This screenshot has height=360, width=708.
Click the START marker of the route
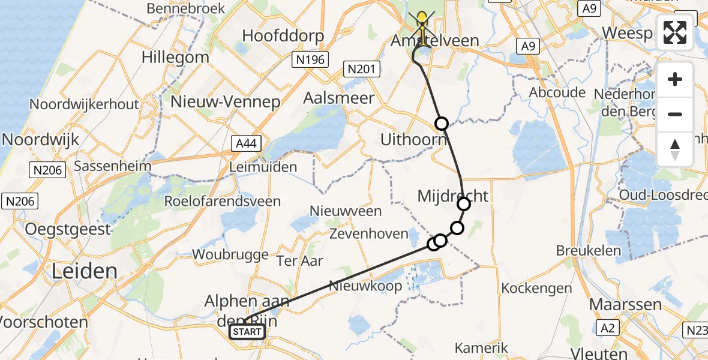coord(247,332)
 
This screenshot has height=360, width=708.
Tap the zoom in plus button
coord(675,80)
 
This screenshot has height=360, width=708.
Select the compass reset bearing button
coord(675,149)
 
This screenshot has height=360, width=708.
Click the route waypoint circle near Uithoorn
coord(442,124)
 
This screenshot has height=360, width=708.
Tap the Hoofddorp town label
coord(283,35)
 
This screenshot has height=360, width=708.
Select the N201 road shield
coord(362,70)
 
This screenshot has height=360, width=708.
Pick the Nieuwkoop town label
coord(365,286)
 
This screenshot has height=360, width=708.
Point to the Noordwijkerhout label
coord(84,104)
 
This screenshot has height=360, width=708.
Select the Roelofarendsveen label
coord(223,201)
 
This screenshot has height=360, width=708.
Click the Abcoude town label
coord(557,92)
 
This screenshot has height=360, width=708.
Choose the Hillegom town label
coord(175,58)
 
